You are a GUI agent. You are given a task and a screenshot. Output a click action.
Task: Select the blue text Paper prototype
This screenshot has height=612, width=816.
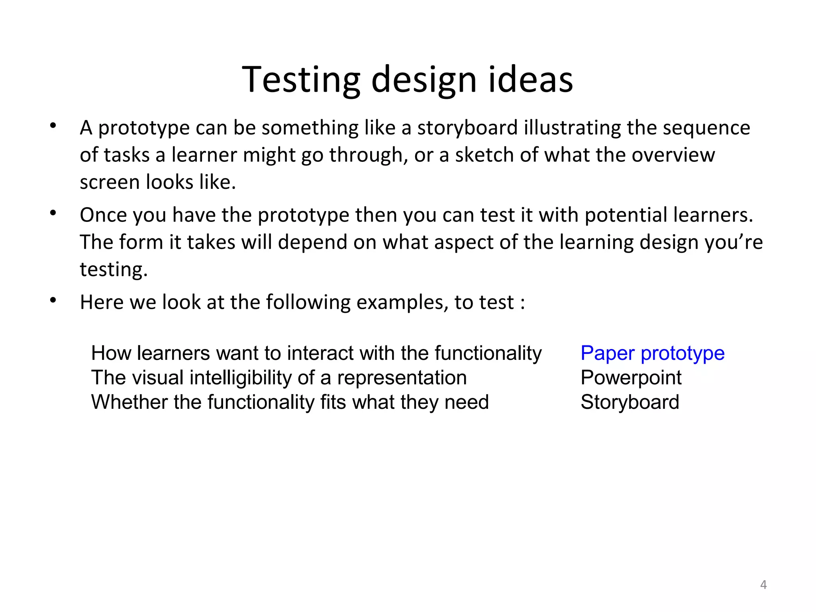[652, 353]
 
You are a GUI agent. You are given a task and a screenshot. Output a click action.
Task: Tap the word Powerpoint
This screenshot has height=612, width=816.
[631, 378]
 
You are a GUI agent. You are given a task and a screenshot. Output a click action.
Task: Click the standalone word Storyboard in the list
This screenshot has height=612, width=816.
[630, 402]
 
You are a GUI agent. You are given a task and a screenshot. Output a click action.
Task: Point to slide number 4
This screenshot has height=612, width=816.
[763, 585]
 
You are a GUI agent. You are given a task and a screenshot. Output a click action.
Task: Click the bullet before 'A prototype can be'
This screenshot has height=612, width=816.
[53, 126]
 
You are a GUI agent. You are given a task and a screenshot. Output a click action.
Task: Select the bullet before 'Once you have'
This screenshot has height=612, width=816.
[53, 214]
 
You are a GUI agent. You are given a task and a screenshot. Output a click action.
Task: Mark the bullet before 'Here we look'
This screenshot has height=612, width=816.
[53, 300]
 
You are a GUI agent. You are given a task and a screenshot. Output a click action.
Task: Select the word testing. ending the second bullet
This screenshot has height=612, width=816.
[114, 270]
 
